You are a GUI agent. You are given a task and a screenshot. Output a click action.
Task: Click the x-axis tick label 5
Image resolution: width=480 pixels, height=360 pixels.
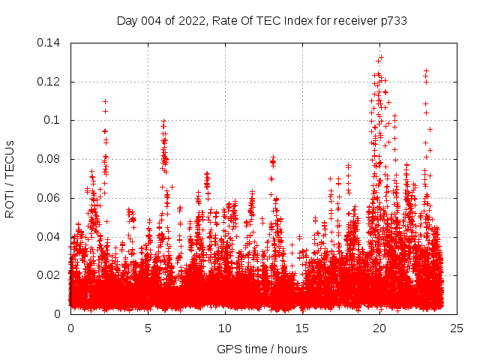[x=148, y=328]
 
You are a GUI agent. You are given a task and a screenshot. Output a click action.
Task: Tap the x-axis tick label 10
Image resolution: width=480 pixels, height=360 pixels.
[x=225, y=328]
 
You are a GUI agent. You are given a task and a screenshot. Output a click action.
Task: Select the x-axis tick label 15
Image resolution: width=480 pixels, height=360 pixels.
[x=302, y=328]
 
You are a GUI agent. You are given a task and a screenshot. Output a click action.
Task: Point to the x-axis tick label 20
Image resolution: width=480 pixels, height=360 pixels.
[x=379, y=328]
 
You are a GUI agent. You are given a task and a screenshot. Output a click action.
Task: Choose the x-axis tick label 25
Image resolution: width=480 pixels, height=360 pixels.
[x=457, y=328]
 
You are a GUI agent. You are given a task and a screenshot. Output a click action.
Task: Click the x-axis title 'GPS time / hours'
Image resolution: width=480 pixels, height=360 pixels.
[x=262, y=349]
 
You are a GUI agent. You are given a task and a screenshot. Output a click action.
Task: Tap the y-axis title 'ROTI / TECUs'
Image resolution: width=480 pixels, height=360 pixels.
[x=10, y=178]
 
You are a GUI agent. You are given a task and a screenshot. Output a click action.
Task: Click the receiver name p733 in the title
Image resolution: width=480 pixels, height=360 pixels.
[x=393, y=21]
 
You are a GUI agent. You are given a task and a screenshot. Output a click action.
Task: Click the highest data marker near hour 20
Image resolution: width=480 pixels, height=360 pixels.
[x=381, y=56]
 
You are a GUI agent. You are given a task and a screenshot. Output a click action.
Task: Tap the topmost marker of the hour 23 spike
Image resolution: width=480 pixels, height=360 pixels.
[x=426, y=71]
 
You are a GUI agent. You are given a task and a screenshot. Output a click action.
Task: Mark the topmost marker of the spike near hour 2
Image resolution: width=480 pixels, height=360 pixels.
[x=105, y=101]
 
